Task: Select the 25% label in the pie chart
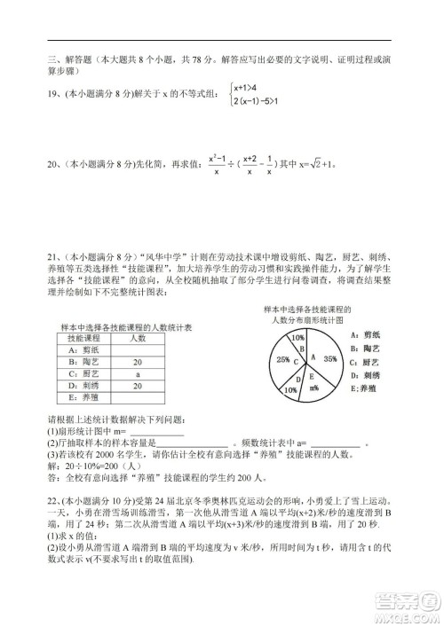click(x=282, y=360)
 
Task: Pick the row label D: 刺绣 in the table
click(x=85, y=386)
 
